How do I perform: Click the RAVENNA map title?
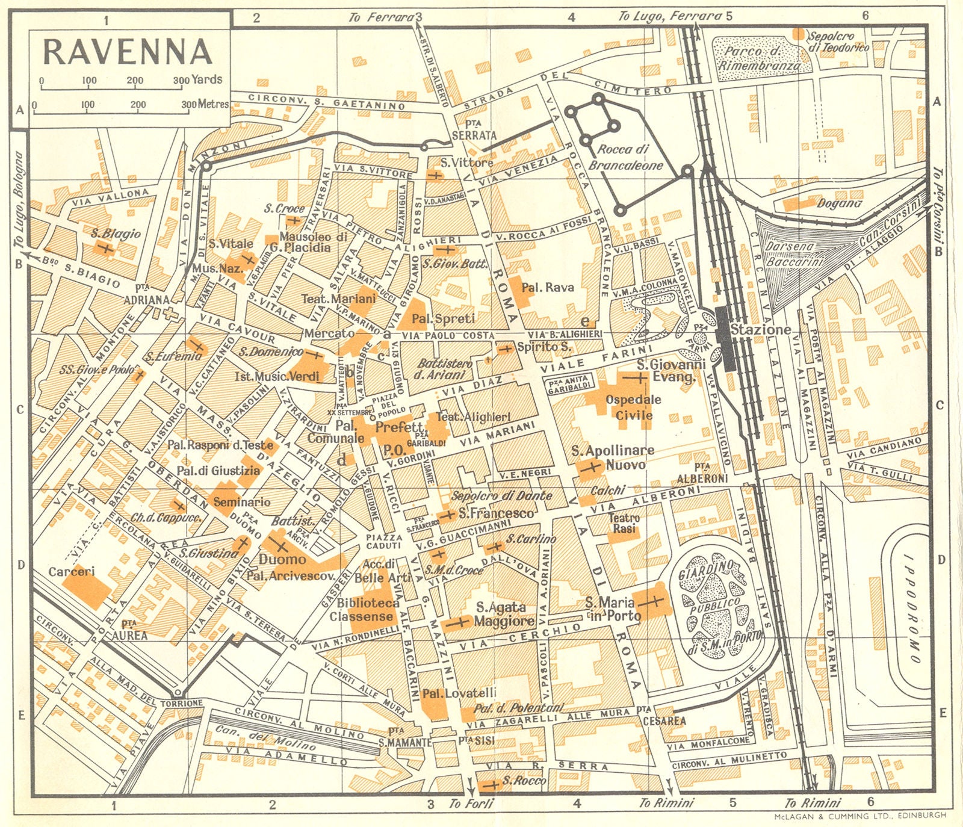point(128,52)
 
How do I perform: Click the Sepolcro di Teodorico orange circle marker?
point(799,34)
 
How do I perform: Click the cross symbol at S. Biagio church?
point(106,248)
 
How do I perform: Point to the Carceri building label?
point(72,571)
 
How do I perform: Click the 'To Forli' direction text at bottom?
point(471,804)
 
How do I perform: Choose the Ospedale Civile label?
point(633,407)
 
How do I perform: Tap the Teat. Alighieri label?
point(473,417)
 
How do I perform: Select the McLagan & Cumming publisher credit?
point(859,816)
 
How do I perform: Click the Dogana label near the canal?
point(839,204)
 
